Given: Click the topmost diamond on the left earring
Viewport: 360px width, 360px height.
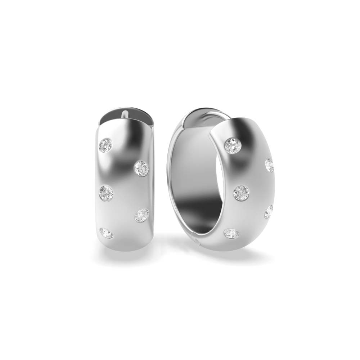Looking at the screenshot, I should coord(105,145).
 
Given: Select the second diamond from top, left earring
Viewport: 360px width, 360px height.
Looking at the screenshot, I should coord(141,168).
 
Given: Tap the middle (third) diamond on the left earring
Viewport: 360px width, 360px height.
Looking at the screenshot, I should coord(106,193).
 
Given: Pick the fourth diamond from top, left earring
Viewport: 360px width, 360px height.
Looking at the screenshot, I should coord(142,216).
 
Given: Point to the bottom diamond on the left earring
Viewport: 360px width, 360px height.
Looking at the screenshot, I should coord(107,233).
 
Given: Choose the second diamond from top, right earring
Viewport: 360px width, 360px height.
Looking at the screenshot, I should coord(269,165).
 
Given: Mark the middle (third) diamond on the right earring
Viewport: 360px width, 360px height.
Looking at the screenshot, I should coord(241,193).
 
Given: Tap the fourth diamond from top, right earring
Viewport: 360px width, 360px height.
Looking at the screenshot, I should coord(269,212).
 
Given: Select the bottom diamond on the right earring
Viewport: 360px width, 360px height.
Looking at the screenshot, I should coord(231,233).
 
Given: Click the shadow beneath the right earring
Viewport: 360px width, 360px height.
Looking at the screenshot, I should coord(234,256).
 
